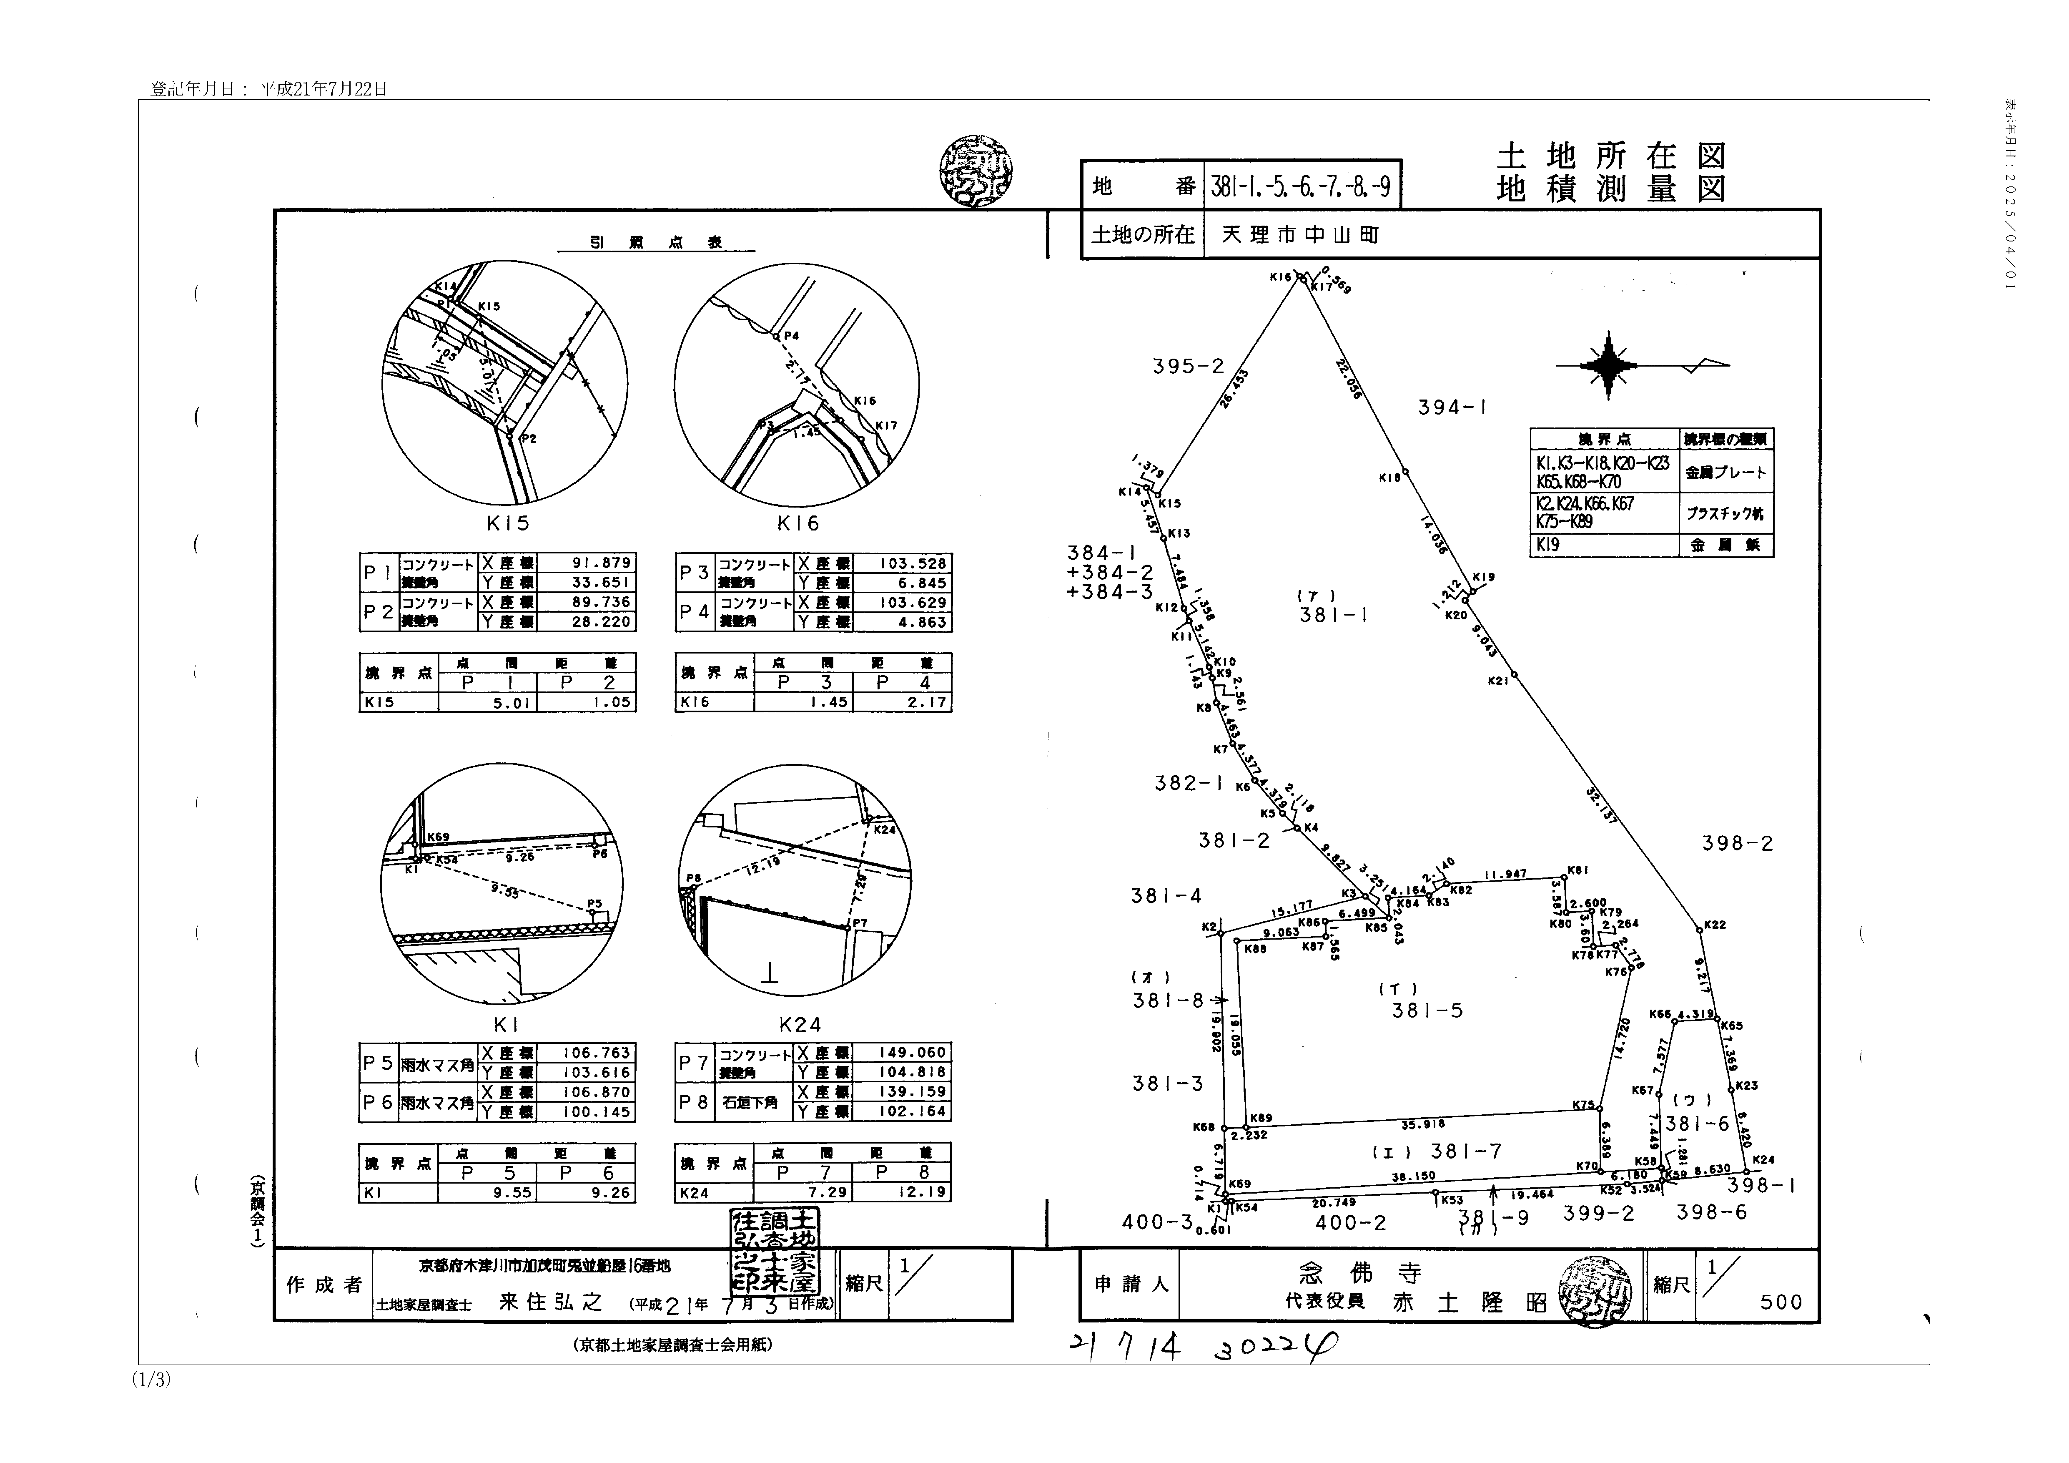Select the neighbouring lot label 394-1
[1452, 407]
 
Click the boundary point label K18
[1389, 478]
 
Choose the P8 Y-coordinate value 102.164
[912, 1111]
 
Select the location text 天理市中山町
[1300, 235]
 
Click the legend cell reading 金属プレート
[1725, 473]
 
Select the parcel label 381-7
[1465, 1151]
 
